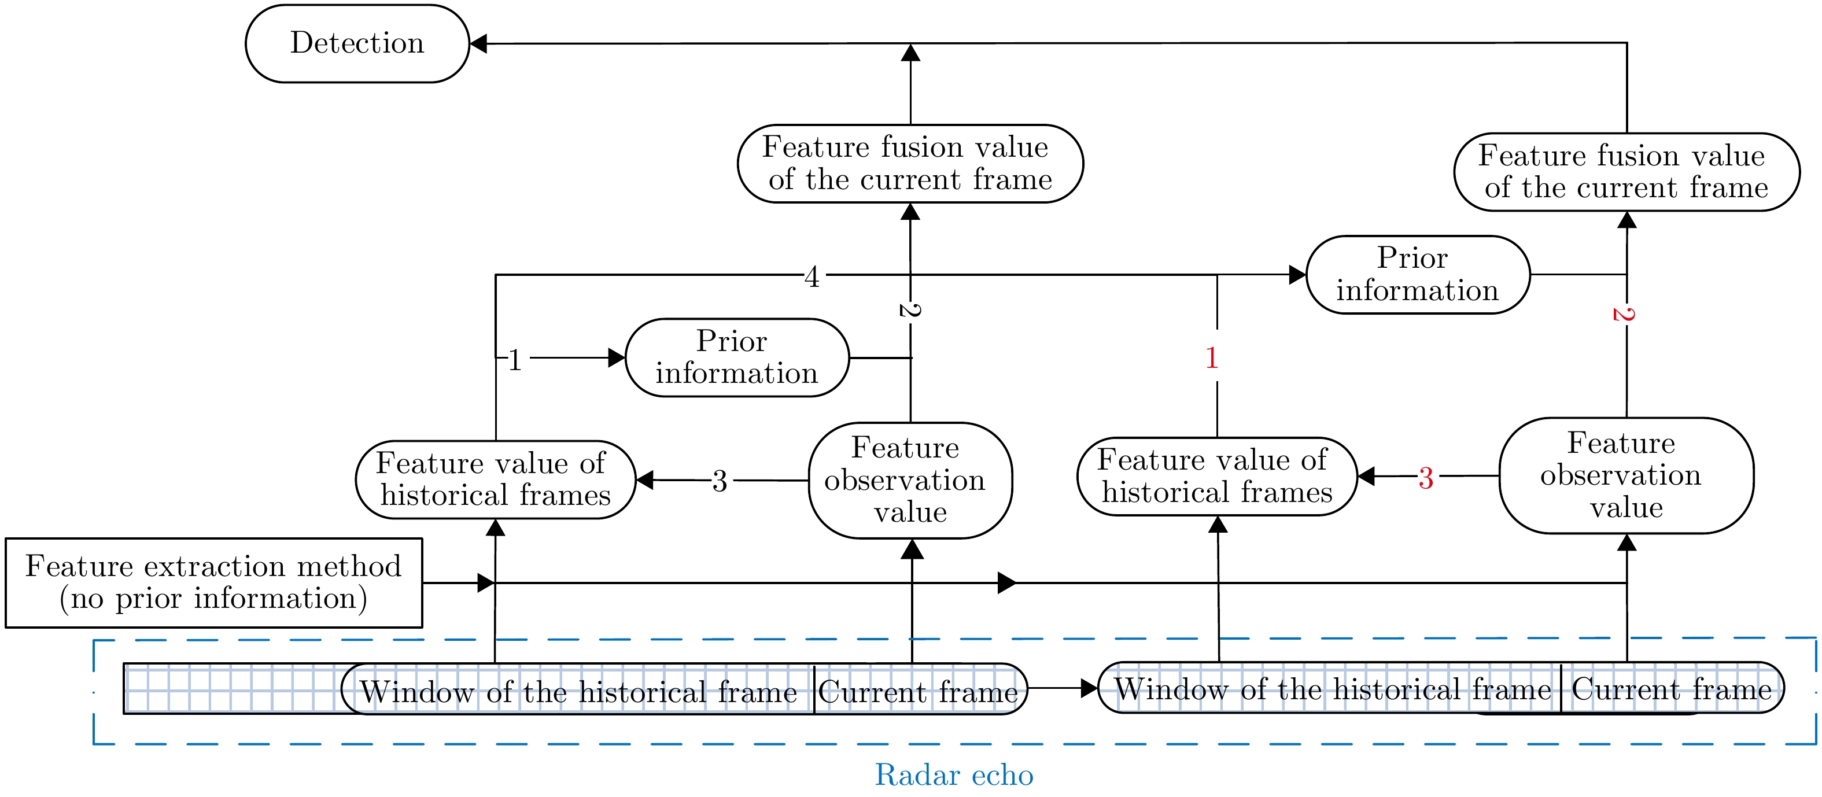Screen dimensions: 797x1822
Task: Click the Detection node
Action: coord(357,44)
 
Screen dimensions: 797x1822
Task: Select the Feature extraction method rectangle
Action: coord(213,583)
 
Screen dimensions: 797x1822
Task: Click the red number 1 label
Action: coord(1212,358)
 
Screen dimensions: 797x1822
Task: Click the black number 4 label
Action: coord(812,276)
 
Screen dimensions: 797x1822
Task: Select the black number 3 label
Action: coord(720,481)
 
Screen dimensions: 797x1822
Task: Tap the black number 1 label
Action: coord(515,360)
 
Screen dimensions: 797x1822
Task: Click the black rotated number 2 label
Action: coord(910,311)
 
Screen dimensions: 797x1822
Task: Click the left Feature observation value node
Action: coord(910,480)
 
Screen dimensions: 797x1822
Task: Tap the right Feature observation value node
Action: coord(1625,475)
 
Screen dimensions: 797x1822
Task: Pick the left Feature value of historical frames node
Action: coord(495,479)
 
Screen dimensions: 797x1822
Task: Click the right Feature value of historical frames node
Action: coord(1216,476)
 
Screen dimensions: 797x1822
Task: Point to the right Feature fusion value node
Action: coord(1626,172)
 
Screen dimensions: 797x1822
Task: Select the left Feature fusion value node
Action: coord(910,163)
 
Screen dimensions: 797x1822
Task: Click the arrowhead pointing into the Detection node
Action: coord(479,44)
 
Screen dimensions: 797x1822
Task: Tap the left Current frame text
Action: coord(918,692)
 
